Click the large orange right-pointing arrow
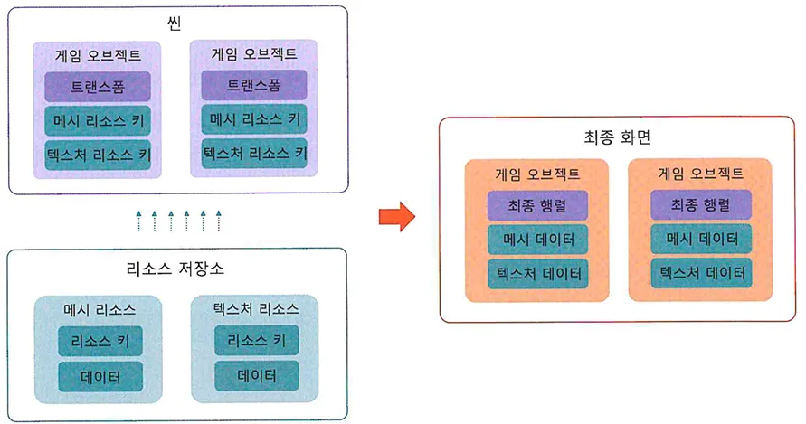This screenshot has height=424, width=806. [395, 217]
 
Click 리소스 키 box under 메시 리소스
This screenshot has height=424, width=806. [100, 341]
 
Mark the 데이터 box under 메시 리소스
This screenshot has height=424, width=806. [100, 375]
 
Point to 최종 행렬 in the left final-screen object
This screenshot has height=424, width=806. [537, 205]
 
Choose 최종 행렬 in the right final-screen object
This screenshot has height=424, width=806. [700, 205]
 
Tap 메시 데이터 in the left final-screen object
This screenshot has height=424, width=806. [537, 239]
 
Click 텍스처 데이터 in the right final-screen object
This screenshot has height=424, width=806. [700, 272]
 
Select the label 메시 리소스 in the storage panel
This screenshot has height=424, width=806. [100, 309]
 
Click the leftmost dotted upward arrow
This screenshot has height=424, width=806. [138, 220]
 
